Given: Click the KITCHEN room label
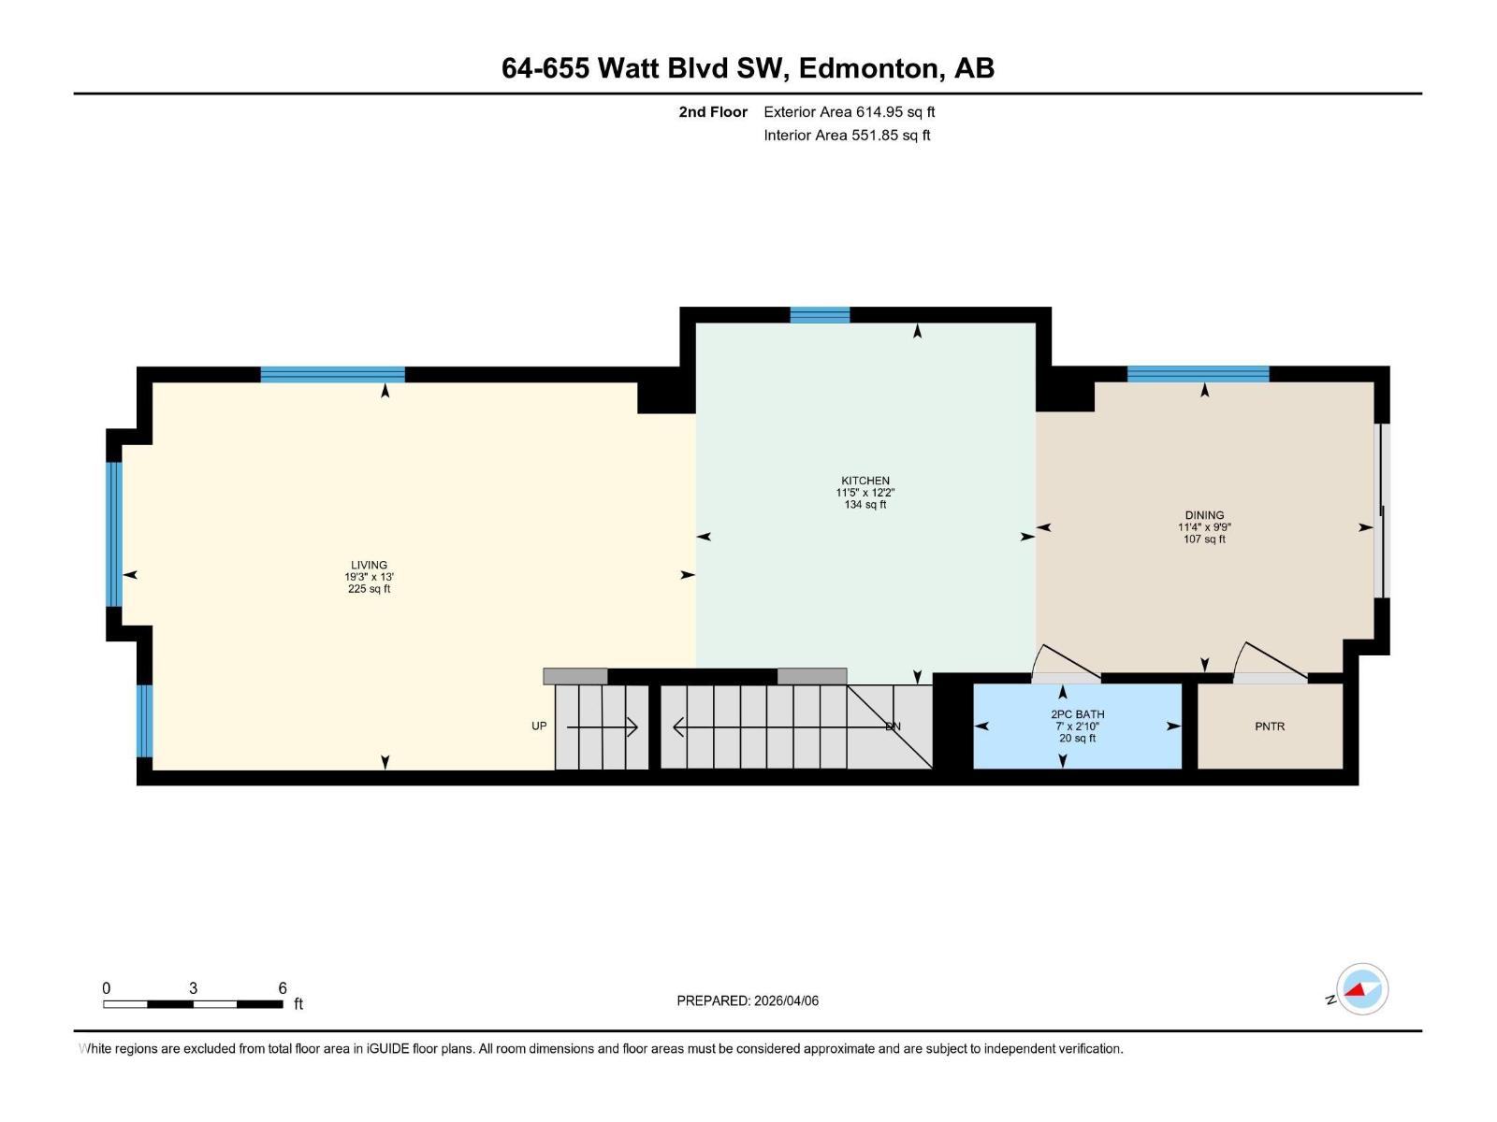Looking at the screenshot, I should point(865,481).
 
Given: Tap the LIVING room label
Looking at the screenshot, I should point(369,565).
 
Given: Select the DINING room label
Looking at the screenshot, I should point(1204,515).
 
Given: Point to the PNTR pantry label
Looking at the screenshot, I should point(1270,726).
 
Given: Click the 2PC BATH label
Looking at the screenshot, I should point(1077,714).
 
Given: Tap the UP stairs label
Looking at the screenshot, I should point(539,726).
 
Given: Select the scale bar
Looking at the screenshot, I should point(193,1004).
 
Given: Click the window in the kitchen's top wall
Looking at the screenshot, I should point(820,315).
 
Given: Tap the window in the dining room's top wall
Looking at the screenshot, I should point(1198,374).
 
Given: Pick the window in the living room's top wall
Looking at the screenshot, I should point(332,375).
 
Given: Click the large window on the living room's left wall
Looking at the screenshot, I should point(114,534).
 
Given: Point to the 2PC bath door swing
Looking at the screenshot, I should point(1065,664).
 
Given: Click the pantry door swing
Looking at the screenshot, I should point(1269,662).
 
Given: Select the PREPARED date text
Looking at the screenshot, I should point(748,1000).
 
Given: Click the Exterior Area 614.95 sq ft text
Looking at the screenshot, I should point(849,112).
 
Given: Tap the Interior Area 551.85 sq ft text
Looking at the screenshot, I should point(847,136).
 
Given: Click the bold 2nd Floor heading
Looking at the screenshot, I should point(713,112).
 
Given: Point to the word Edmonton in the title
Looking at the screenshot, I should point(867,68).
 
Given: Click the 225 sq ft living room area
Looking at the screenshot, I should point(369,589).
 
